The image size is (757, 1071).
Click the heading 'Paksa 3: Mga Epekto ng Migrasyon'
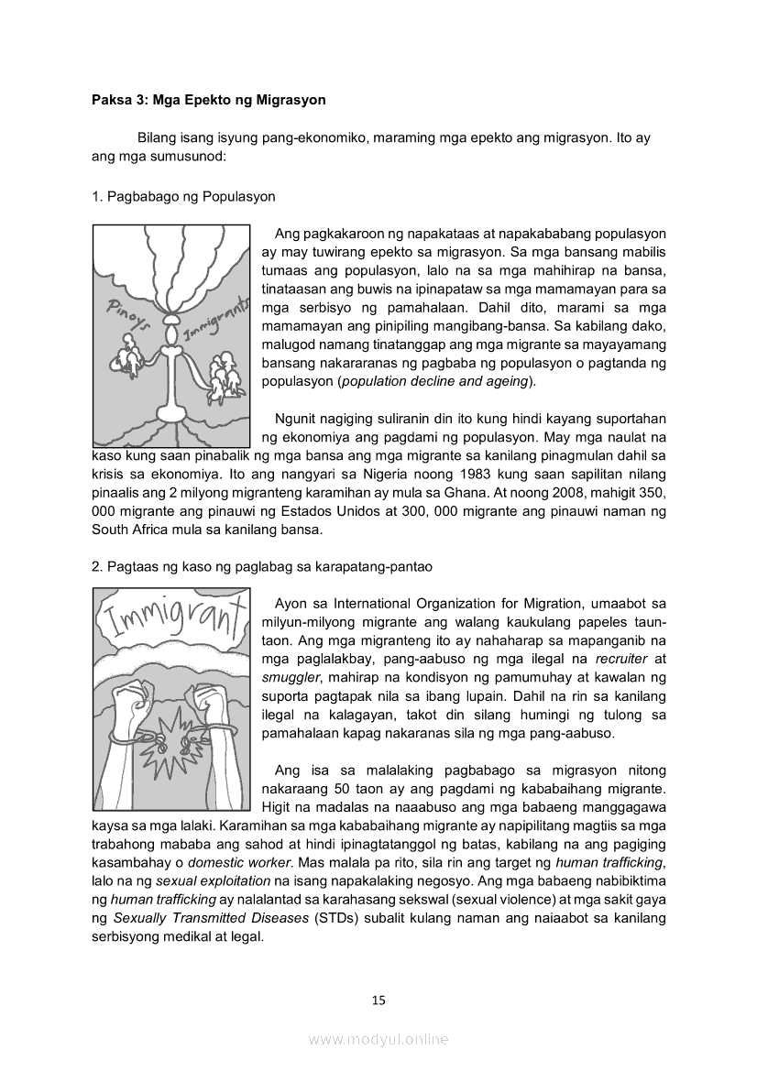[x=209, y=99]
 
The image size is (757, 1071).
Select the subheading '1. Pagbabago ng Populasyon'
[x=183, y=197]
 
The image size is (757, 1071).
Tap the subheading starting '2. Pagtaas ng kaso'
[x=262, y=567]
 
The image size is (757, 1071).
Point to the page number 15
[x=378, y=1000]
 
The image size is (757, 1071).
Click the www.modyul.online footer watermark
[x=378, y=1039]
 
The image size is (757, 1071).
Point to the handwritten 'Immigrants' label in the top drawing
[x=217, y=315]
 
